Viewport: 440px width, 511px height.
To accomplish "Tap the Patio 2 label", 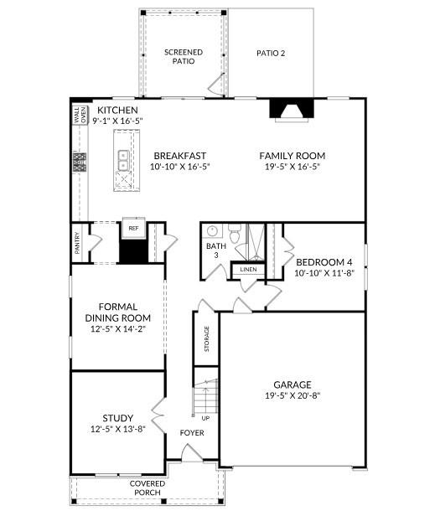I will click(x=271, y=53).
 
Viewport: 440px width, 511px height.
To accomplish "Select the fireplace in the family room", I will click(x=292, y=110).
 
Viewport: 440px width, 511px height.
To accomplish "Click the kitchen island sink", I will click(x=123, y=157).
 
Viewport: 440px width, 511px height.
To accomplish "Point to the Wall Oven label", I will click(x=80, y=115).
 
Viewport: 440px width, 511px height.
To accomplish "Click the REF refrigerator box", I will click(x=132, y=227).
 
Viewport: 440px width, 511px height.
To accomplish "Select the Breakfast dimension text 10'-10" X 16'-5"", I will click(x=179, y=167).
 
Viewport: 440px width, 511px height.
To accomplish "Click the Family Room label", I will click(x=292, y=156).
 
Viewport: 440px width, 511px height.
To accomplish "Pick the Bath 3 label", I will click(x=215, y=250).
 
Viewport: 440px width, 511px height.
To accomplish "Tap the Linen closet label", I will click(x=248, y=270).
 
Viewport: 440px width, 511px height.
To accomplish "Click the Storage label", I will click(x=206, y=338).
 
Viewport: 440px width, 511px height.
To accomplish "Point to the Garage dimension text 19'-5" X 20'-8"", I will click(x=292, y=395).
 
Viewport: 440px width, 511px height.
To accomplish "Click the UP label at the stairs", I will click(x=205, y=417).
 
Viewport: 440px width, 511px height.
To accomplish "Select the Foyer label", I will click(x=193, y=433).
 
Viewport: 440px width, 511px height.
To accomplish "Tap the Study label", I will click(x=117, y=417).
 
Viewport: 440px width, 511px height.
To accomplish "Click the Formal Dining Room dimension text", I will click(x=117, y=330).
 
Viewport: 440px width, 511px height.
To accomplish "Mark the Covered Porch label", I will click(x=147, y=488).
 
